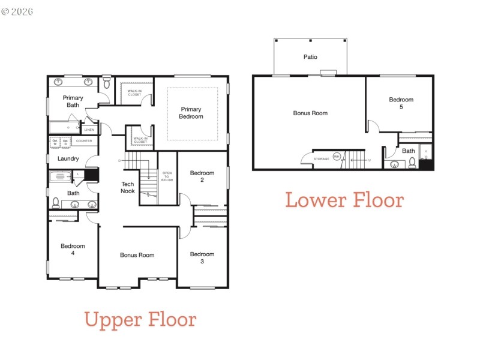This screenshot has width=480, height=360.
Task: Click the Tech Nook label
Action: coord(128,187)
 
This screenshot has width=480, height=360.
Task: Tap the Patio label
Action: coord(310,57)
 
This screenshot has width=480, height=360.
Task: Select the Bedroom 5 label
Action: coord(401,103)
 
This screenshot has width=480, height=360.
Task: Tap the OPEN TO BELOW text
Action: coord(167,176)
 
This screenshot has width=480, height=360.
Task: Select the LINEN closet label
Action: coord(89,130)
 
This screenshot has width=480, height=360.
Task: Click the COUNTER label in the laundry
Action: coord(84,141)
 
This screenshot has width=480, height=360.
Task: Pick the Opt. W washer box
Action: coord(55,142)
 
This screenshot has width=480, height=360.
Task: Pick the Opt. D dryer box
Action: coord(66,142)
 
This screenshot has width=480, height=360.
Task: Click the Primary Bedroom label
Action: coord(191,113)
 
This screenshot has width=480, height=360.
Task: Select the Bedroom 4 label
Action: coord(73,250)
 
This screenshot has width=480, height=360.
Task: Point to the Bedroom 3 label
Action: coord(202,258)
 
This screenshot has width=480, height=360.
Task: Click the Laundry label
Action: coord(68,159)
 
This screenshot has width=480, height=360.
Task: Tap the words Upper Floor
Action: coord(140,319)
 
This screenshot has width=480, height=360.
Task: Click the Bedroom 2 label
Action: coord(202,176)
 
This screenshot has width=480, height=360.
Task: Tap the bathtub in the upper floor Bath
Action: coord(60,176)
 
